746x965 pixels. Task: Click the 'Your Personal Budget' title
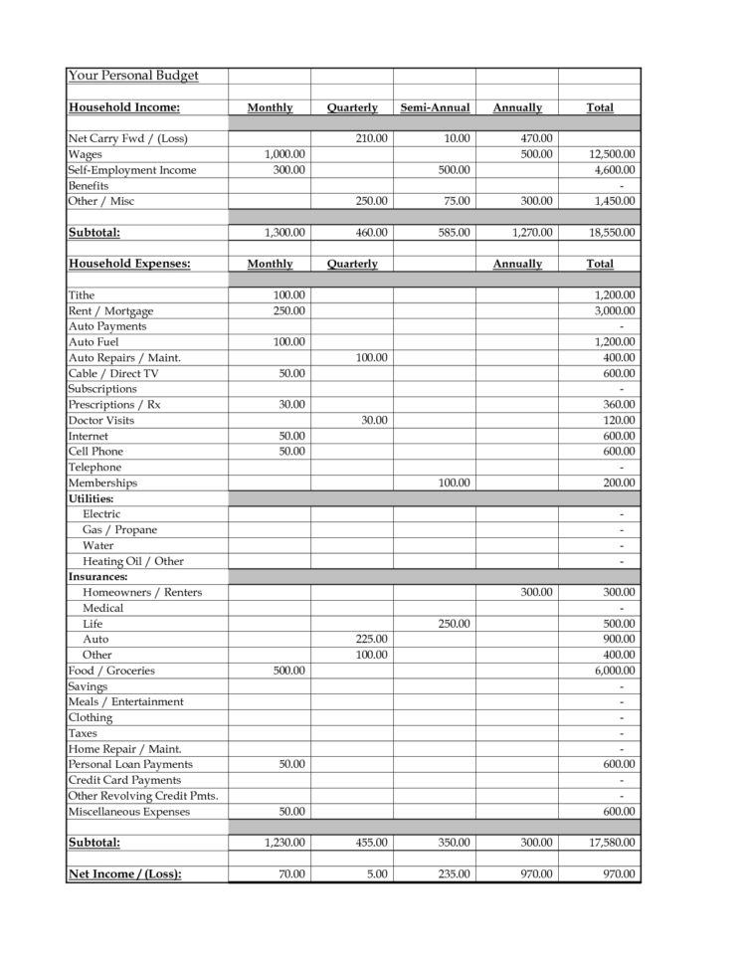tap(133, 76)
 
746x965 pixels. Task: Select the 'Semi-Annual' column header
tap(435, 107)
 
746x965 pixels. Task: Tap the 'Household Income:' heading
tap(124, 107)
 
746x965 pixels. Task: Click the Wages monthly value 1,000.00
tap(285, 154)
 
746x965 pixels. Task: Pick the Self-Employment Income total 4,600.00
tap(615, 170)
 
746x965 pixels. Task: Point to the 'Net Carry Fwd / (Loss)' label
tap(127, 138)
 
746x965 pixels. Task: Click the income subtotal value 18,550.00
tap(612, 233)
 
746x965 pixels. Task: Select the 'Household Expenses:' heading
tap(129, 264)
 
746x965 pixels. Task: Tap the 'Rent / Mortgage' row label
tap(110, 311)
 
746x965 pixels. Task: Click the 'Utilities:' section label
tap(91, 498)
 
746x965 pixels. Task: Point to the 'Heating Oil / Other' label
tap(133, 561)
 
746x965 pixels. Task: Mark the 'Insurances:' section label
tap(97, 577)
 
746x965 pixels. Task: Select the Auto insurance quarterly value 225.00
tap(372, 640)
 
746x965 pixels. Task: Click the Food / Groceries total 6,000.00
tap(615, 671)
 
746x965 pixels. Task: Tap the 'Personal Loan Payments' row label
tap(130, 764)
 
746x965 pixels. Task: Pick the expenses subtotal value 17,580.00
tap(612, 843)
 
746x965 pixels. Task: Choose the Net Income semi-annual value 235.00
tap(454, 874)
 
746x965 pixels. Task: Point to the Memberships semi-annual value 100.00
tap(454, 483)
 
